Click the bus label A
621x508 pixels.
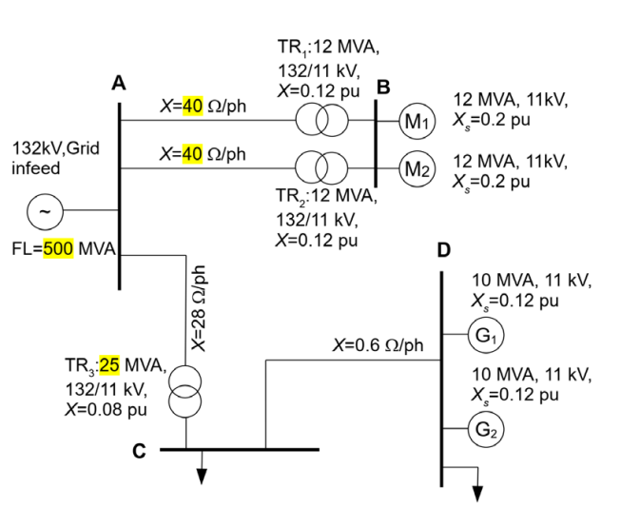118,84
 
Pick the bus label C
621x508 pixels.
139,450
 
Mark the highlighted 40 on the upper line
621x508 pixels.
192,106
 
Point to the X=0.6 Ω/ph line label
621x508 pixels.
378,345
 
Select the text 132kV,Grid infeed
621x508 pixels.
52,159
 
